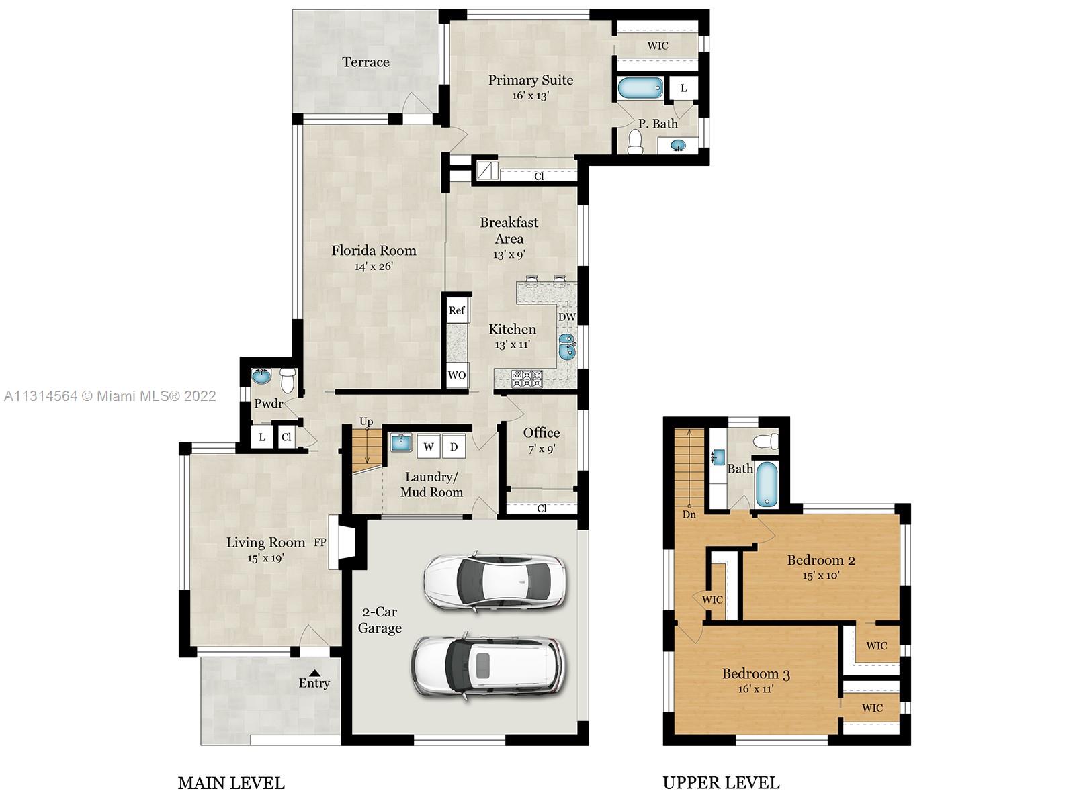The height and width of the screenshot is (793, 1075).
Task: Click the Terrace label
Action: click(x=365, y=62)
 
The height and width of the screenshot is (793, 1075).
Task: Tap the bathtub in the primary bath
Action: click(x=640, y=89)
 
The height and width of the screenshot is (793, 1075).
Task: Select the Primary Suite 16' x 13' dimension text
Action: click(x=531, y=95)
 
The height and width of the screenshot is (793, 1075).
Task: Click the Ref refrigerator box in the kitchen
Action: click(x=457, y=310)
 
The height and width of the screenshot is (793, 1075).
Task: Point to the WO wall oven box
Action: click(x=457, y=375)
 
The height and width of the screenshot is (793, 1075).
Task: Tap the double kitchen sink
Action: click(x=566, y=346)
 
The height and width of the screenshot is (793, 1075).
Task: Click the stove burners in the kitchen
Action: click(x=527, y=378)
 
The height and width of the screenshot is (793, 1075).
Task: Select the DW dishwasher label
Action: click(x=566, y=317)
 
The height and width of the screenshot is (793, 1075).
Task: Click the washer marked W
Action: click(x=429, y=446)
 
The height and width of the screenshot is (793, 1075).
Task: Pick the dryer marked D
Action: click(x=454, y=446)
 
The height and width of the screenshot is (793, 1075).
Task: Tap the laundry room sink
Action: click(x=401, y=442)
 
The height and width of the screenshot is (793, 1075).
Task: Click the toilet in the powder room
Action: click(x=288, y=380)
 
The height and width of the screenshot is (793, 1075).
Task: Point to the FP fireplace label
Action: click(x=319, y=543)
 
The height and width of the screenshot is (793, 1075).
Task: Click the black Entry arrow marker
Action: click(x=314, y=672)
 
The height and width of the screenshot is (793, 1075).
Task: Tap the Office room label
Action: click(x=542, y=432)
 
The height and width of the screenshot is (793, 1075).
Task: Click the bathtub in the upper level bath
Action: click(x=766, y=484)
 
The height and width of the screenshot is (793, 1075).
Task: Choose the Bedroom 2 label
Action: click(x=821, y=560)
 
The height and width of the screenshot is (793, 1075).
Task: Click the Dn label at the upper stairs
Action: click(x=689, y=514)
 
